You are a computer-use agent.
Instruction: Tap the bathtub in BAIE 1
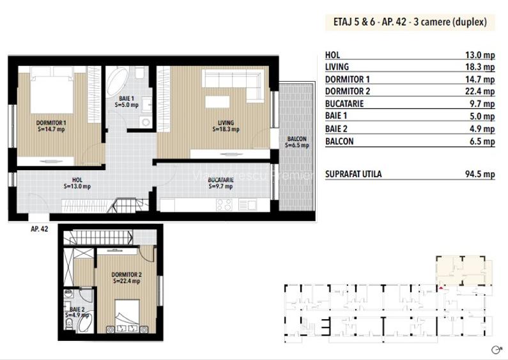pos(118,83)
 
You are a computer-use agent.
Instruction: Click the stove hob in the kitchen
pos(225,205)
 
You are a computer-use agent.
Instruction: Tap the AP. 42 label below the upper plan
pos(40,228)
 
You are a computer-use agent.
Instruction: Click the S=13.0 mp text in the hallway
pos(77,187)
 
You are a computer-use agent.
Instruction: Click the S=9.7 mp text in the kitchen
pos(221,187)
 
